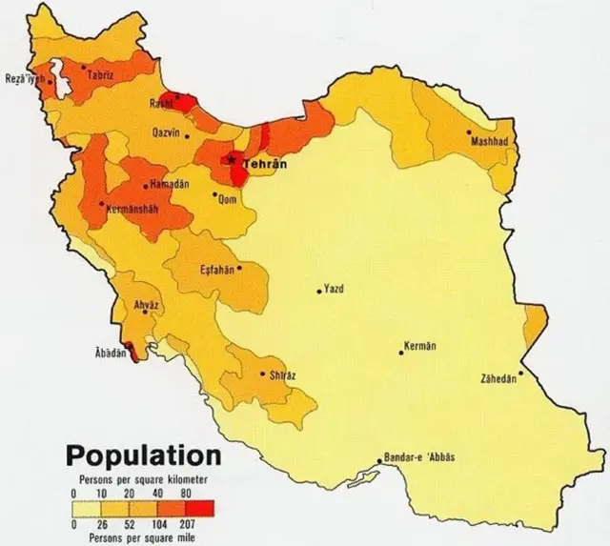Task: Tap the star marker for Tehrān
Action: pyautogui.click(x=232, y=160)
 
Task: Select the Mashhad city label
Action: pyautogui.click(x=489, y=142)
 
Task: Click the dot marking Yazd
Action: pyautogui.click(x=319, y=292)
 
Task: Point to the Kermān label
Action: pyautogui.click(x=419, y=345)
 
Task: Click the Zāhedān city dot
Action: pyautogui.click(x=520, y=373)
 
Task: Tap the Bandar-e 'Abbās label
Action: pyautogui.click(x=419, y=457)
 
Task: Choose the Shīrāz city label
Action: pyautogui.click(x=283, y=375)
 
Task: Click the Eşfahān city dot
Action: pyautogui.click(x=239, y=268)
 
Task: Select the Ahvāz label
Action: pyautogui.click(x=145, y=305)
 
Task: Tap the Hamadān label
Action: pyautogui.click(x=170, y=183)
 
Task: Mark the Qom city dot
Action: pyautogui.click(x=214, y=193)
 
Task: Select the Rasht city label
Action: pyautogui.click(x=160, y=103)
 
